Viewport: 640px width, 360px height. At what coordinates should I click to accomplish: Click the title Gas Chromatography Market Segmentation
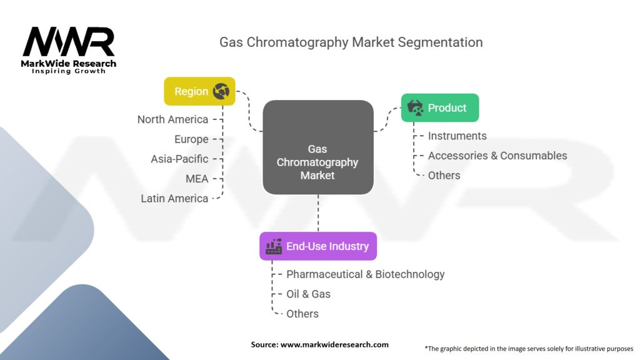tap(351, 42)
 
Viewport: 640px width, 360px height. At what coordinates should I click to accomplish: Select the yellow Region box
tap(199, 91)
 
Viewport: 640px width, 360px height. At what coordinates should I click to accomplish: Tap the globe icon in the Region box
tap(221, 91)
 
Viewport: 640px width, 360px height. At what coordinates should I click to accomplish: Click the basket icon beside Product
tap(415, 107)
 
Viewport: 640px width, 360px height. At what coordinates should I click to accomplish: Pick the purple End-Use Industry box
tap(318, 246)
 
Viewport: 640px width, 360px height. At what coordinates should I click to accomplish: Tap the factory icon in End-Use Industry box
tap(274, 246)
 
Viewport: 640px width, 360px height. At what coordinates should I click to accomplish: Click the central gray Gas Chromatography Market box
tap(317, 147)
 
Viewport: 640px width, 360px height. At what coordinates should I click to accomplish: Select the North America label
tap(172, 119)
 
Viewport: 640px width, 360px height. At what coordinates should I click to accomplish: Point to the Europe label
tap(191, 139)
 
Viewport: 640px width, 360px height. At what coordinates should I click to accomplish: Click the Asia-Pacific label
tap(179, 159)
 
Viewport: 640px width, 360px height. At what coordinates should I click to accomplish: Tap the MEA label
tap(197, 179)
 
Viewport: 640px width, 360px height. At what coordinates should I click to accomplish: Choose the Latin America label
tap(174, 198)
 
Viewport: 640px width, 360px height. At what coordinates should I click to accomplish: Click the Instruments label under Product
tap(457, 136)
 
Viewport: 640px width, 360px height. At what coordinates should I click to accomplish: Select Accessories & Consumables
tap(497, 156)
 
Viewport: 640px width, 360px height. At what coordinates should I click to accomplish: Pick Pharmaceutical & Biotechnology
tap(366, 274)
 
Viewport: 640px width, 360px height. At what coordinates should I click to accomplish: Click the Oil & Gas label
tap(308, 294)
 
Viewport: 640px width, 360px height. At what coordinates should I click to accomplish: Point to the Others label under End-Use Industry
tap(302, 314)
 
